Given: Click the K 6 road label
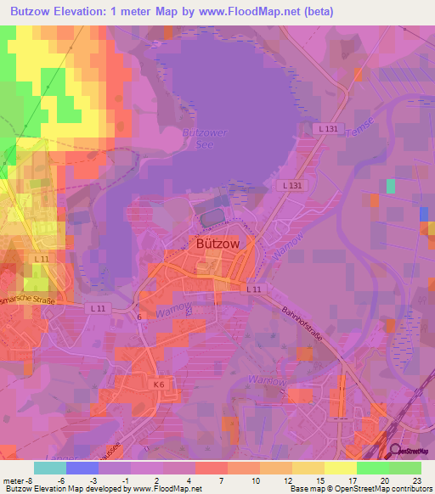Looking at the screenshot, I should (158, 385).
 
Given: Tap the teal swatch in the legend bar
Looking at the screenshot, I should (50, 468).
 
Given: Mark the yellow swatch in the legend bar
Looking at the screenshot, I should (340, 468).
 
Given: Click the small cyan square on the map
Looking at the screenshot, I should (391, 185).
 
